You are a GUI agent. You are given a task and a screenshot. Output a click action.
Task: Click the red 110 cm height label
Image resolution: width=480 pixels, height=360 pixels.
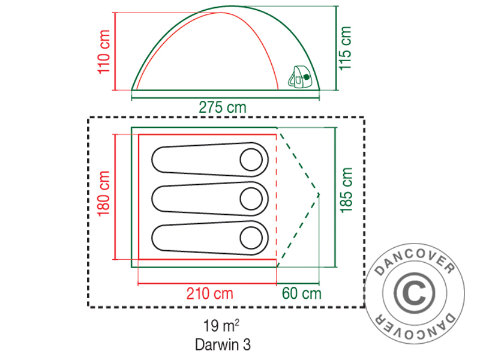[104, 52]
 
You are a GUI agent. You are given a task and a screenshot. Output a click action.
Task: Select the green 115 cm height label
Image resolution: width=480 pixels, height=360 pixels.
[344, 48]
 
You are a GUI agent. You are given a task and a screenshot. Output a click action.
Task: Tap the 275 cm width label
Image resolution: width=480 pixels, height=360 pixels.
[223, 107]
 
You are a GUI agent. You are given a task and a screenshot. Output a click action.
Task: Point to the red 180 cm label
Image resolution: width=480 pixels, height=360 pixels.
[103, 193]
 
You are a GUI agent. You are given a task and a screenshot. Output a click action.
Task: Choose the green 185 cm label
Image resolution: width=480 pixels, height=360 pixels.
[346, 190]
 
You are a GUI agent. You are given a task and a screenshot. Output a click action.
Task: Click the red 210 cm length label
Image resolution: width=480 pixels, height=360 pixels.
[210, 293]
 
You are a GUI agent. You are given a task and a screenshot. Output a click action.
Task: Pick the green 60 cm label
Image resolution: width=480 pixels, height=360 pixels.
[302, 293]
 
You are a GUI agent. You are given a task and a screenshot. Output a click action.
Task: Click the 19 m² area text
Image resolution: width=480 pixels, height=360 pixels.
[221, 325]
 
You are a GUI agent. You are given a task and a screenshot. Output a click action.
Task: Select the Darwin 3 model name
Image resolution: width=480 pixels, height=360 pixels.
[223, 344]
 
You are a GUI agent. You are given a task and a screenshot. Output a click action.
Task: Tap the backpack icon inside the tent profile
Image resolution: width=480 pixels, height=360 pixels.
[299, 77]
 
